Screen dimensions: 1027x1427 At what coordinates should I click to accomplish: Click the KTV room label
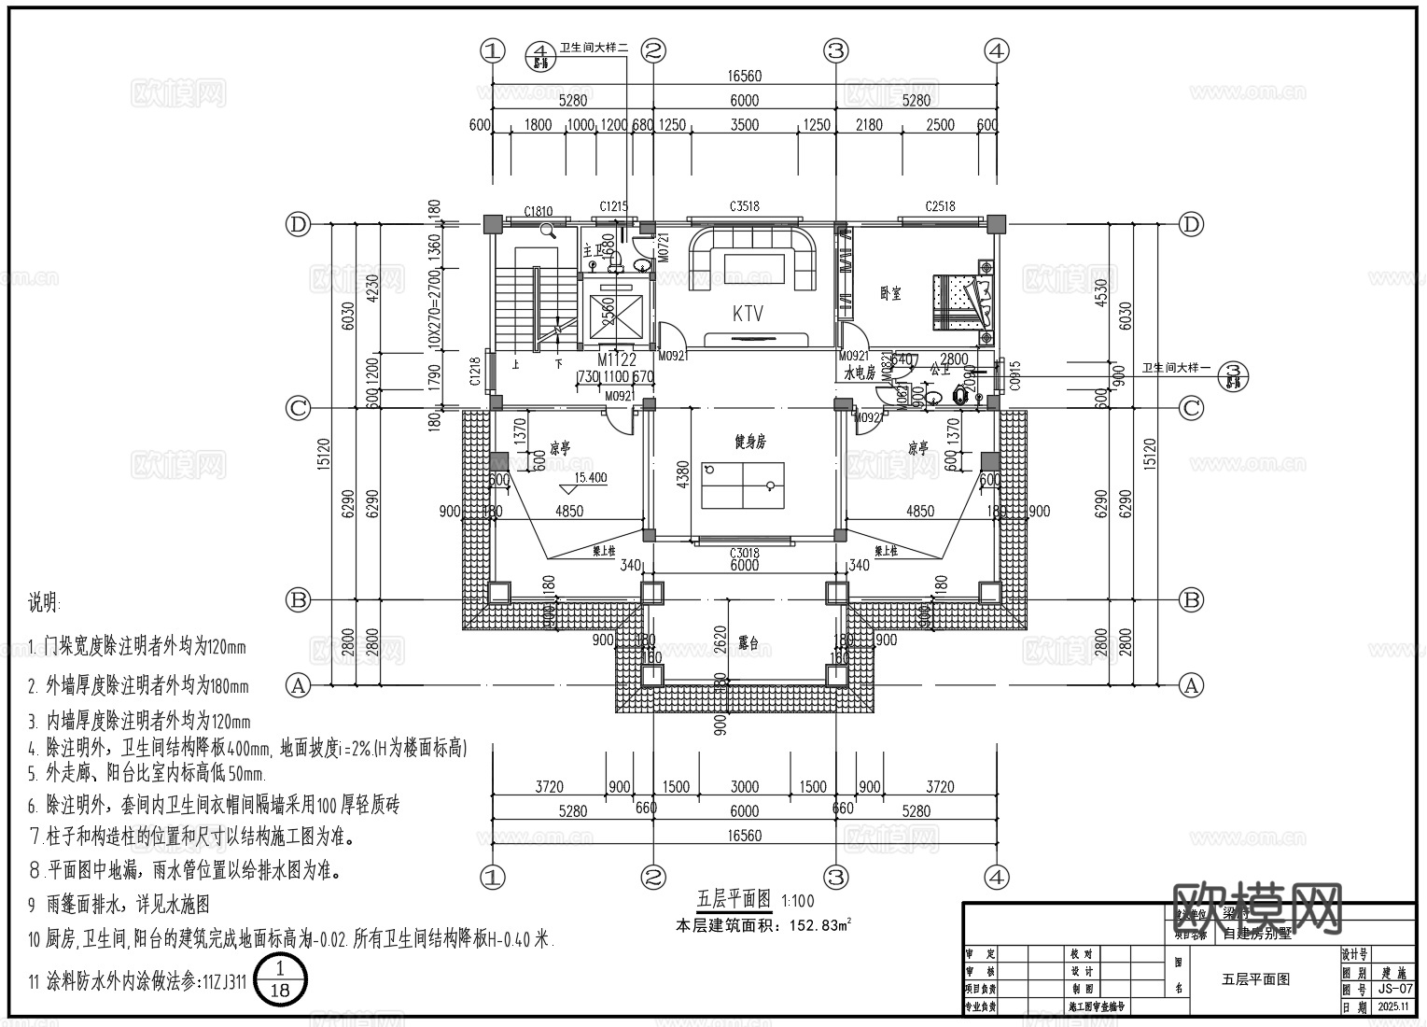point(748,314)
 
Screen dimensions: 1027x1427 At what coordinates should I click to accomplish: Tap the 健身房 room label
point(748,443)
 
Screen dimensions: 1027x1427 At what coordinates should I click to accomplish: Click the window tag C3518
point(744,207)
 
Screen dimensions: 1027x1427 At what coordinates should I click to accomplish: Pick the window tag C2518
point(940,207)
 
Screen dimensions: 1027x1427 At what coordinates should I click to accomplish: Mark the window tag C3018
point(744,553)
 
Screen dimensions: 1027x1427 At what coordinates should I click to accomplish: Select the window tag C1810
point(539,212)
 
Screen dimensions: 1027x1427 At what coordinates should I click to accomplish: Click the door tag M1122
point(616,359)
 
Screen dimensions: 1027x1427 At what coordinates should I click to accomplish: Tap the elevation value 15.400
point(590,478)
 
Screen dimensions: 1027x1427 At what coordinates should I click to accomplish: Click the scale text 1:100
point(798,901)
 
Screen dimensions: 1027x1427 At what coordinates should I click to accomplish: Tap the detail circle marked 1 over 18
point(279,980)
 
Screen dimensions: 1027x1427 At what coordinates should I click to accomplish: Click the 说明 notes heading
point(44,603)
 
